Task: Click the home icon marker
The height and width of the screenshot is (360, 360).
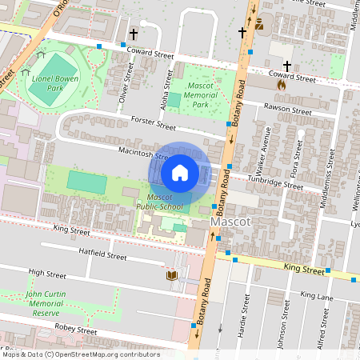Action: [180, 172]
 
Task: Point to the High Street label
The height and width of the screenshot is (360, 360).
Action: [46, 273]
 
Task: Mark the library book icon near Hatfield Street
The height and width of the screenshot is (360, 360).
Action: [170, 276]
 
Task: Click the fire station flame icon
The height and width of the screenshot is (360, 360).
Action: [280, 82]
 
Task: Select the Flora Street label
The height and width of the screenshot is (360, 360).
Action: [295, 157]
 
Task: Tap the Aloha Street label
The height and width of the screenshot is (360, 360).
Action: [168, 81]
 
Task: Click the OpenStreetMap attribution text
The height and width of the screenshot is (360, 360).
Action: [80, 354]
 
